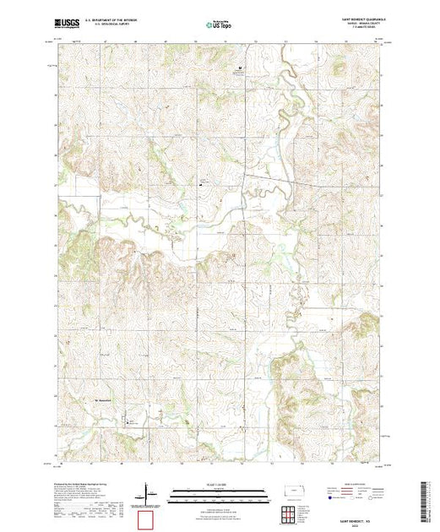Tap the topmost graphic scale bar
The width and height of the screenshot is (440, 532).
click(220, 489)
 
